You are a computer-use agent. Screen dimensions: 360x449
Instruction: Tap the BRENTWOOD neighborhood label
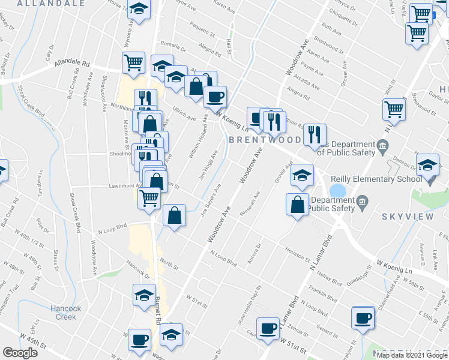point(264,139)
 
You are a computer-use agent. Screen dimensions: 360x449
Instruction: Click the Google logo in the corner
point(20,352)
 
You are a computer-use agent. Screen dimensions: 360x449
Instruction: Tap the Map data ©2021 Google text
point(412,355)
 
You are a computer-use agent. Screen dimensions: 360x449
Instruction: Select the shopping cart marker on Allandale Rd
point(134,62)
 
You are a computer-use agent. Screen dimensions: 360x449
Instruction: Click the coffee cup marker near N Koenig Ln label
point(215,95)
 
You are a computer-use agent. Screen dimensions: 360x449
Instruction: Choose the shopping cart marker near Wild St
point(394,109)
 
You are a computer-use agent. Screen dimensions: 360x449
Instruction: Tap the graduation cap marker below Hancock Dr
point(144,295)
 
